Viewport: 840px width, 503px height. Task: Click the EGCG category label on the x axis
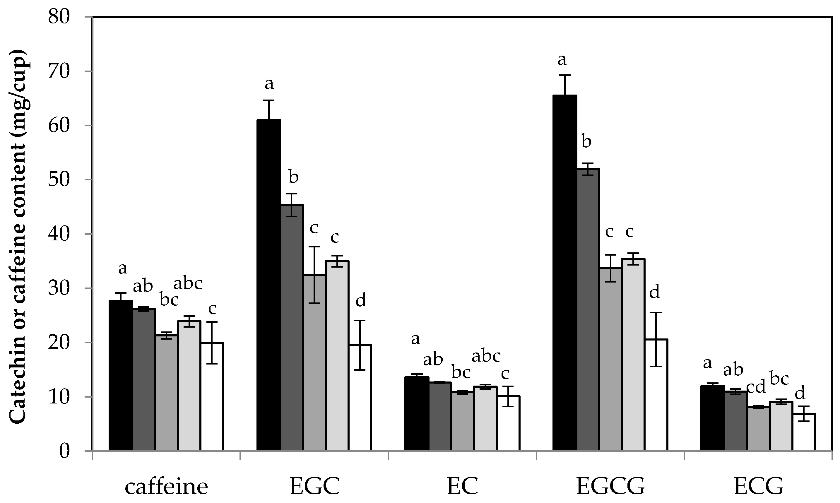coord(610,487)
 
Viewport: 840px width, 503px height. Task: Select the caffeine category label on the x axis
coord(166,487)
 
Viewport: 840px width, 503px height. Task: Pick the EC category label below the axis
coord(463,487)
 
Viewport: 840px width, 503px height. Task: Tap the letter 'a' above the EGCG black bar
coord(562,60)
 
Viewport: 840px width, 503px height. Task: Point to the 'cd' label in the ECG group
coord(756,387)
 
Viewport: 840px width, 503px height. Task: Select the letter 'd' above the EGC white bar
coord(361,300)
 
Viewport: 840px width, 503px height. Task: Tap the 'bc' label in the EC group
coord(461,372)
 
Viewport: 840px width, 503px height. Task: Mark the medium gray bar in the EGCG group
coord(610,359)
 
